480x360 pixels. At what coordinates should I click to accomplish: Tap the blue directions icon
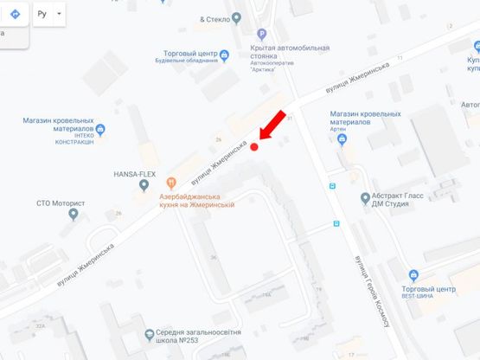(15, 15)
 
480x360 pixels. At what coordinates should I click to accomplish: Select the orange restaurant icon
(171, 182)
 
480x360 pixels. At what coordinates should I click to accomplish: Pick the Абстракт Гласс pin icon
(366, 199)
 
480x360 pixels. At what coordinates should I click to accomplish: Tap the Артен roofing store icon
(342, 139)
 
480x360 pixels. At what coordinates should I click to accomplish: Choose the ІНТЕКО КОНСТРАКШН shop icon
(100, 131)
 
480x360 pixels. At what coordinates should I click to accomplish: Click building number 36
(212, 258)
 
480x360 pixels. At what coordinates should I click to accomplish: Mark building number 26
(219, 139)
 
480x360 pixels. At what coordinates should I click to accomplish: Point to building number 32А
(41, 326)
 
